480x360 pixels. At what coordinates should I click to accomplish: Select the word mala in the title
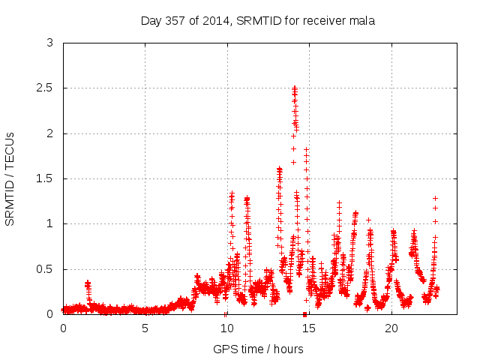(361, 21)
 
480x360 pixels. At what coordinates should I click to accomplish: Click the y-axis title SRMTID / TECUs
(10, 178)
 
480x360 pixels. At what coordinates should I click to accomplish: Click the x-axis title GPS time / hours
(258, 349)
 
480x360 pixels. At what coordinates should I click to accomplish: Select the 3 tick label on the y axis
(50, 43)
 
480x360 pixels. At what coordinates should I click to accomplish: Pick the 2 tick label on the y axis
(50, 133)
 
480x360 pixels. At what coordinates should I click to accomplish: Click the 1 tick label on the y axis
(50, 224)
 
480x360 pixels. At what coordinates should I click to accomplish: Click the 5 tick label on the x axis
(145, 328)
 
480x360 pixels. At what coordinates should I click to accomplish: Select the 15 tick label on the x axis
(309, 328)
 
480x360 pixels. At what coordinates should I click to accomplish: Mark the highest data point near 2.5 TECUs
(295, 88)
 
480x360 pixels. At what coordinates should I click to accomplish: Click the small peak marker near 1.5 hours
(88, 283)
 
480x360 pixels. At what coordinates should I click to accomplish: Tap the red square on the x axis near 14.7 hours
(304, 314)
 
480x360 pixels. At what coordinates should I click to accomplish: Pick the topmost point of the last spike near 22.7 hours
(435, 198)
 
